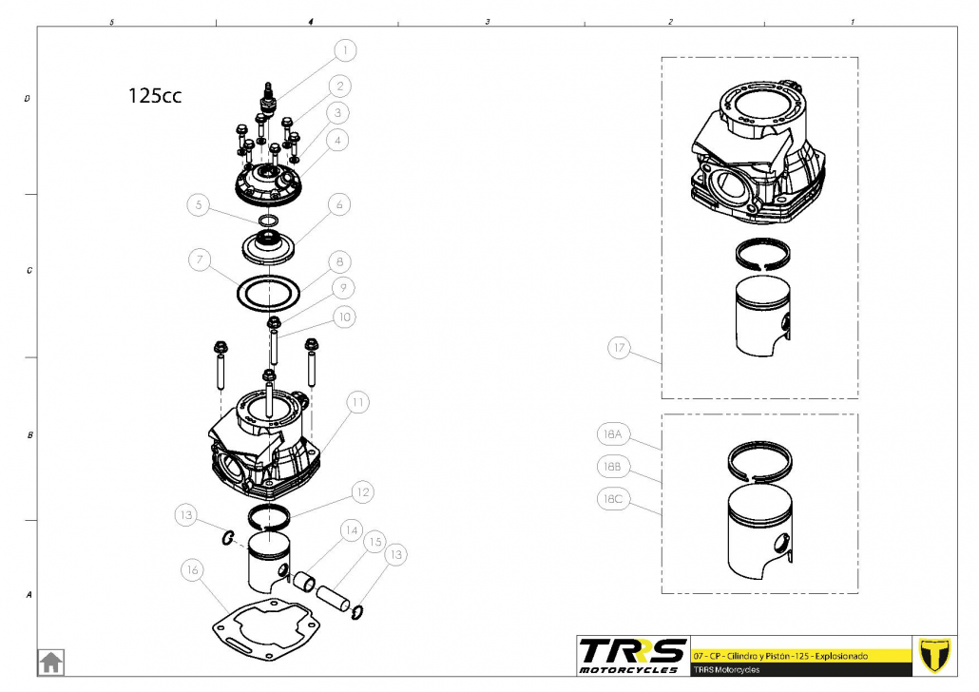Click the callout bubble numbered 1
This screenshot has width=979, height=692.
(x=346, y=48)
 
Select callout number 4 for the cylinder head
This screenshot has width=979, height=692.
(x=337, y=140)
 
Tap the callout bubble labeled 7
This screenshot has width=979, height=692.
(x=198, y=259)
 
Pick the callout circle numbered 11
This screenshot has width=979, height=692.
(x=356, y=403)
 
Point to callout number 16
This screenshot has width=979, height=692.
(x=194, y=569)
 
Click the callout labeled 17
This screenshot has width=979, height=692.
(x=620, y=349)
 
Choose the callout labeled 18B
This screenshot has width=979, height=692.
(x=610, y=467)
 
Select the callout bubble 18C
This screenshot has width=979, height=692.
(x=610, y=498)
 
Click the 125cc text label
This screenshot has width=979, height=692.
(x=155, y=96)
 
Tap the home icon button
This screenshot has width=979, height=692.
(x=50, y=661)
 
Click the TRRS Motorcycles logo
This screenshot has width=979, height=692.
(x=633, y=655)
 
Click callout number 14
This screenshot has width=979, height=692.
(x=351, y=529)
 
